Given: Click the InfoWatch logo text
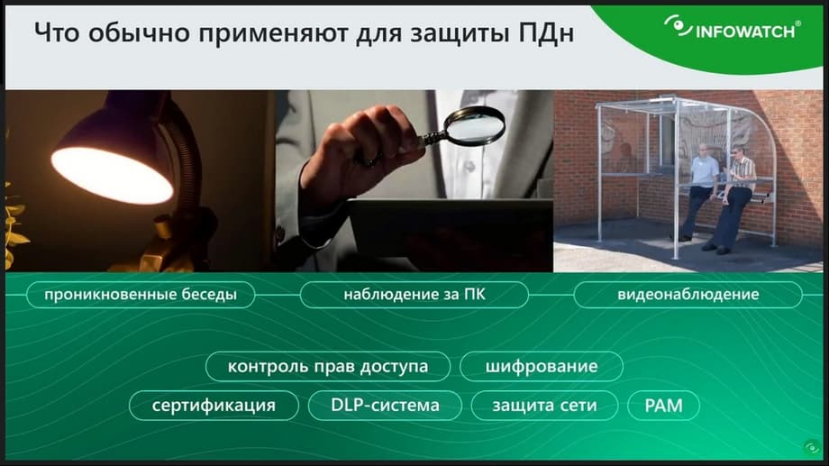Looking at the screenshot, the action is click(x=745, y=32).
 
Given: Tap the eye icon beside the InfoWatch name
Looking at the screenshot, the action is click(x=678, y=26).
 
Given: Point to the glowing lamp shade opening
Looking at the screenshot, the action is click(x=112, y=176).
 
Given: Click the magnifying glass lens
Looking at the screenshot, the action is click(x=474, y=125).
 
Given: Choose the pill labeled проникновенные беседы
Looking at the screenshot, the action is click(x=141, y=295).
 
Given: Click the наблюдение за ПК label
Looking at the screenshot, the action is click(x=414, y=295).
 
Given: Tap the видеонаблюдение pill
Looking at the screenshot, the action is click(x=688, y=295).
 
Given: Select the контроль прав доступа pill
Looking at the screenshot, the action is click(x=328, y=367).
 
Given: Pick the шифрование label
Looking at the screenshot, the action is click(x=542, y=367).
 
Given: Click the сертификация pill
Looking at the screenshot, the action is click(x=214, y=406).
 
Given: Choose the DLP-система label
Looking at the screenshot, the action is click(x=385, y=406).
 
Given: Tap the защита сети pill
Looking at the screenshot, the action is click(x=544, y=406).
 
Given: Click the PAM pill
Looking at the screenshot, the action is click(x=663, y=406).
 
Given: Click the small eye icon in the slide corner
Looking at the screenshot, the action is click(x=812, y=448).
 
